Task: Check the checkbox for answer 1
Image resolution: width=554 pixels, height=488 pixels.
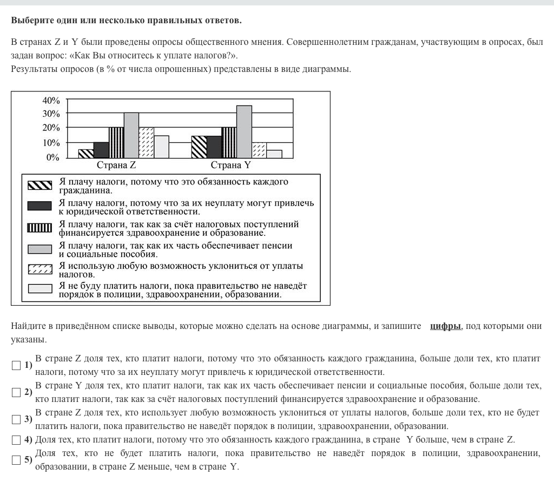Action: tap(16, 366)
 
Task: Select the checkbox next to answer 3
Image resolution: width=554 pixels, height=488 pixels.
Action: tap(16, 419)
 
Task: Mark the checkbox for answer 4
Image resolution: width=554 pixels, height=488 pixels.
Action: tap(16, 439)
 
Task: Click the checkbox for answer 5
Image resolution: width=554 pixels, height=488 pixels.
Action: tap(16, 460)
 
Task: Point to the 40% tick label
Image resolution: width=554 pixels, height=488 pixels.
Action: tap(51, 101)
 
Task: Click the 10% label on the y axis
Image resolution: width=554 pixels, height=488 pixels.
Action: tap(51, 143)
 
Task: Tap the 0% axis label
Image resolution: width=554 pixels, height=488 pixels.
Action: tap(53, 157)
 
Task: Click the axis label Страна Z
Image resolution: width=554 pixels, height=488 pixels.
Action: tap(116, 166)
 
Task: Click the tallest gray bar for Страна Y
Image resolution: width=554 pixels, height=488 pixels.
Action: tap(245, 131)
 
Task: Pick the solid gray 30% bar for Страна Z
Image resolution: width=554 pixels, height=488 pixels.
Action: tap(131, 135)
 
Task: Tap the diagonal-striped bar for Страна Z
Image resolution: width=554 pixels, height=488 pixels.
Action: tap(86, 154)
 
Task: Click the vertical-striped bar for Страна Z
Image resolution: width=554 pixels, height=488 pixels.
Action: tap(116, 142)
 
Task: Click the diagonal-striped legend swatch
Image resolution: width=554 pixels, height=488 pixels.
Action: tap(40, 186)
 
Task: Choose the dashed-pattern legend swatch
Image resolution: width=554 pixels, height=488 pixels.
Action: tap(40, 269)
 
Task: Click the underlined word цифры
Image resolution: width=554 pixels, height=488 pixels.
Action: tap(445, 326)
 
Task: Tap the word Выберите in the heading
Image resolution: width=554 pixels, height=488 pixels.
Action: tap(30, 21)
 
